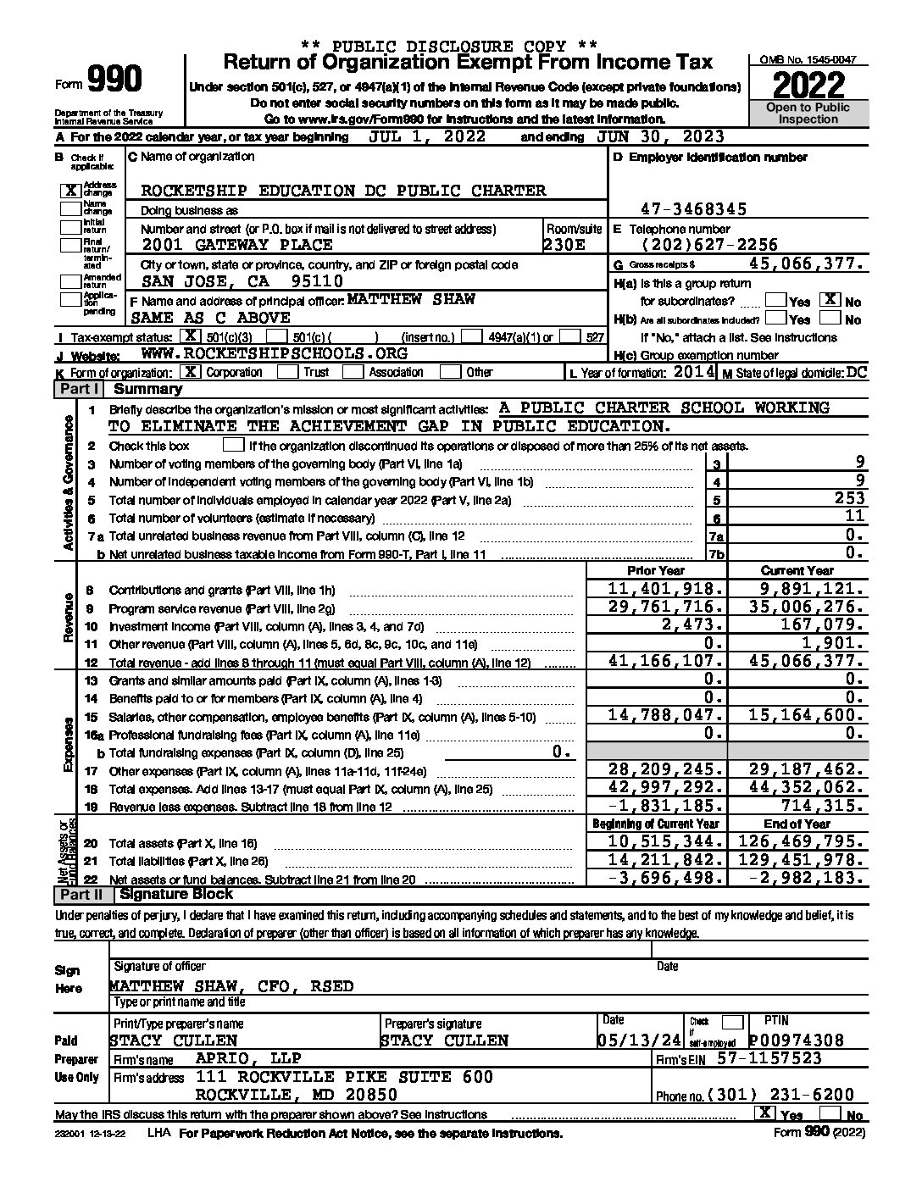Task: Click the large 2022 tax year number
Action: click(x=808, y=85)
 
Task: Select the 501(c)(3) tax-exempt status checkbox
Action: click(x=196, y=337)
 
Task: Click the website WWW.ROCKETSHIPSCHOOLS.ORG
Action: click(x=274, y=354)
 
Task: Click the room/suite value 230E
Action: click(x=564, y=245)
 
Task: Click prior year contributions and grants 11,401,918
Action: click(x=666, y=589)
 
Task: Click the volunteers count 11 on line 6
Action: click(x=854, y=517)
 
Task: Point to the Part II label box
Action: click(x=81, y=894)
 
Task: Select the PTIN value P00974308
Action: click(x=797, y=1040)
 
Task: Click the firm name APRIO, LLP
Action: click(x=248, y=1058)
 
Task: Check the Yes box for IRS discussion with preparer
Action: click(x=765, y=1113)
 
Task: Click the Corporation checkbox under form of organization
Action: click(x=192, y=372)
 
